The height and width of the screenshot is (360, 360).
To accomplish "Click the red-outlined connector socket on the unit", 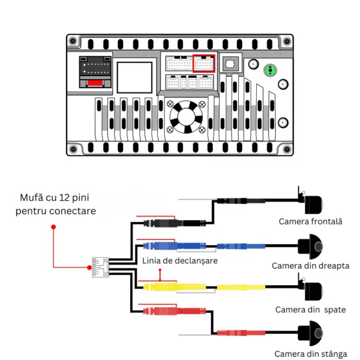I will (x=204, y=62).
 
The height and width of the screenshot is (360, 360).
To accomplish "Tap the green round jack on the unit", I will (x=271, y=70).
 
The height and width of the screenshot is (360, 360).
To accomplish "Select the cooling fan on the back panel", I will (x=186, y=117).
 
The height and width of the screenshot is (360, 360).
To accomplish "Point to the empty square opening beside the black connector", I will (x=134, y=77).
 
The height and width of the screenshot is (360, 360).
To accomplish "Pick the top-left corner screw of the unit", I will (x=73, y=41).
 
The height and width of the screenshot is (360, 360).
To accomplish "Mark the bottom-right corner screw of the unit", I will (x=286, y=148).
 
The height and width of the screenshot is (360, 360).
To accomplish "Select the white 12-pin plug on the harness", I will (x=100, y=268).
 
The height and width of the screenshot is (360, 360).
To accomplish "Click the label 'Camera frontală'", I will (x=310, y=221).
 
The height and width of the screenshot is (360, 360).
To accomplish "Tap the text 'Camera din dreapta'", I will (x=310, y=265).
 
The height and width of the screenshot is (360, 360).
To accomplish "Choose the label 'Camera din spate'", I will (x=310, y=310).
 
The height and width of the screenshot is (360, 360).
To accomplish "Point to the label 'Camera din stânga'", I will (x=310, y=354).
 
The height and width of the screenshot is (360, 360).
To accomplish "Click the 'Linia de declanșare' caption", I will (x=180, y=260).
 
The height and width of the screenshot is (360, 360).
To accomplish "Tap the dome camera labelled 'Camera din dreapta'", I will (x=311, y=246).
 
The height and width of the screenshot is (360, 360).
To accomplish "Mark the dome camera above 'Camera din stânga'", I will (x=311, y=332).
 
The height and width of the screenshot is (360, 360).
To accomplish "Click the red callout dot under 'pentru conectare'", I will (x=53, y=227).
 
